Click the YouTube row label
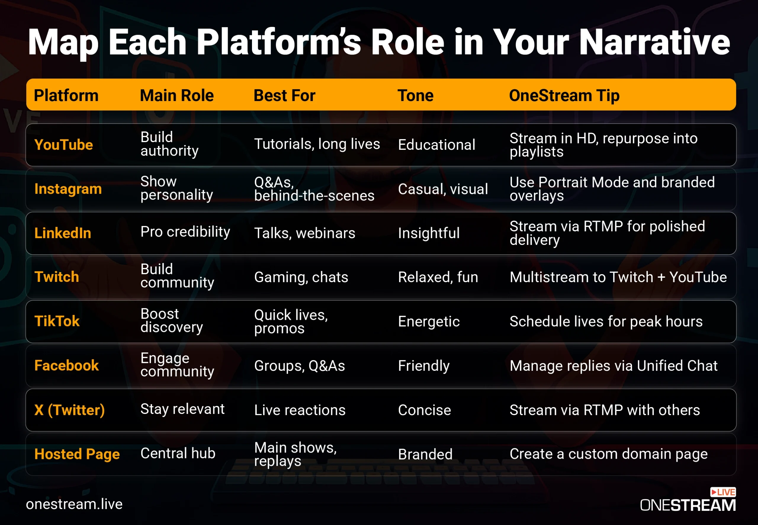[x=63, y=145]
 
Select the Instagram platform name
[x=68, y=189]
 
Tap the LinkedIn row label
[x=62, y=233]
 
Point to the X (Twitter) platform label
[x=69, y=410]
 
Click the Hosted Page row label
[x=77, y=454]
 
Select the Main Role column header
[x=177, y=95]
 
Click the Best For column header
[x=285, y=95]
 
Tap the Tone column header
[x=415, y=95]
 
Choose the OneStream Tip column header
[x=564, y=96]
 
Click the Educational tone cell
[x=437, y=145]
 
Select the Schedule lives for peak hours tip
[x=606, y=321]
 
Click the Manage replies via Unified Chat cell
[x=614, y=366]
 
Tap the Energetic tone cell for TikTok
[x=429, y=322]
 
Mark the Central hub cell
[x=178, y=453]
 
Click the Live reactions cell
[x=300, y=410]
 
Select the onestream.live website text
[x=74, y=504]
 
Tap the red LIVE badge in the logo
[x=723, y=492]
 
